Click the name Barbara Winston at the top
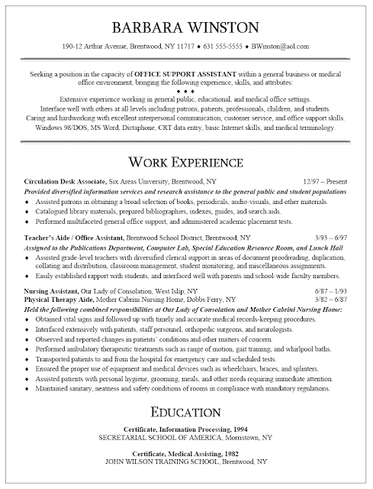(x=186, y=28)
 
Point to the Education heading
(x=186, y=413)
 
